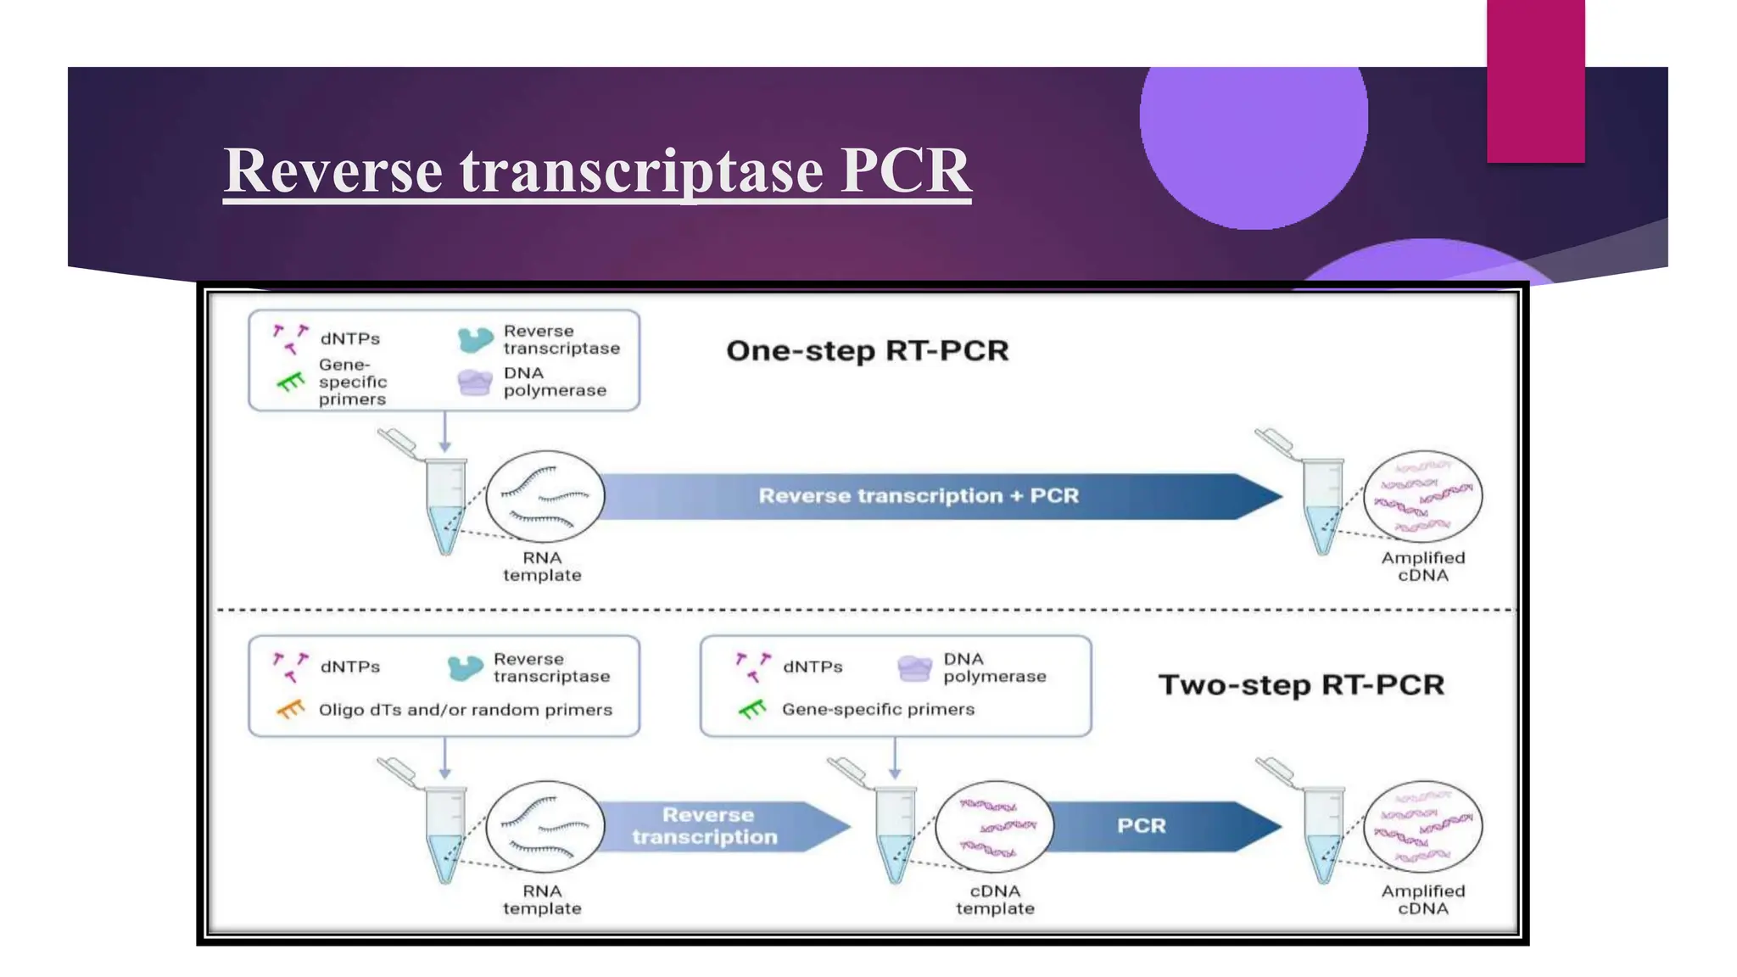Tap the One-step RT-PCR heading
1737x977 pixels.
coord(867,350)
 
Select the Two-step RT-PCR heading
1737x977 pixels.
coord(1300,684)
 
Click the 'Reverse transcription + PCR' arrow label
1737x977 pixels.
coord(918,496)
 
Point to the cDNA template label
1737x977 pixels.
coord(995,900)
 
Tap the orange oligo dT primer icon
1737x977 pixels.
coord(290,709)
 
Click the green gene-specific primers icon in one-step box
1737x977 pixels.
coord(290,382)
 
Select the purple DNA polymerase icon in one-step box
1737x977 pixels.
coord(474,382)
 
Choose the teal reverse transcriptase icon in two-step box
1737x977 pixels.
coord(465,668)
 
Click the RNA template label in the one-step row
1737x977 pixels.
coord(542,567)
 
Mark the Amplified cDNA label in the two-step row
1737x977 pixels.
coord(1422,900)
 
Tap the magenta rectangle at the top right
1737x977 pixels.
coord(1535,81)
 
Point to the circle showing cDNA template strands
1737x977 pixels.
coord(994,827)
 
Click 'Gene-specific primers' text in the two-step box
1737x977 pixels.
coord(878,709)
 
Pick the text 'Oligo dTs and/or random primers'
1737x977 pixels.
coord(465,710)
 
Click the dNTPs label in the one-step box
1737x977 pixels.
coord(349,338)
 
